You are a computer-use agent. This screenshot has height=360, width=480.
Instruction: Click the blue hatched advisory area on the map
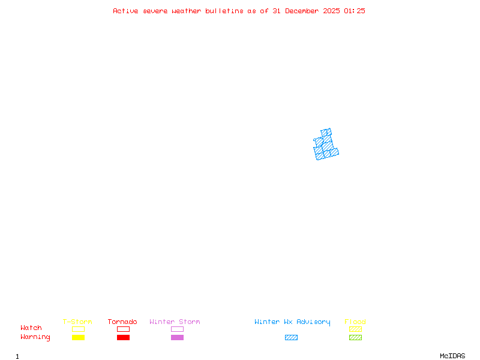pos(326,146)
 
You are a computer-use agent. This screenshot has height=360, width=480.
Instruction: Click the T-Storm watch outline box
pos(78,329)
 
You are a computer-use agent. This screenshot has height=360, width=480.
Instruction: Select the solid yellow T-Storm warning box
pos(78,337)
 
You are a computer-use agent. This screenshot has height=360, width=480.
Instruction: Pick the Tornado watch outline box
pos(123,329)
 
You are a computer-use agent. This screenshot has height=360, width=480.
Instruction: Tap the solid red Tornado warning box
pos(123,337)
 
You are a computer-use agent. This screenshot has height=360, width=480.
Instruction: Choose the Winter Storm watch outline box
pos(177,329)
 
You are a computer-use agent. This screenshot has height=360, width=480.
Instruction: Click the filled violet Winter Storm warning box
pos(177,337)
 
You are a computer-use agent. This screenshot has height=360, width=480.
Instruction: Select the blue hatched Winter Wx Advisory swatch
pos(291,337)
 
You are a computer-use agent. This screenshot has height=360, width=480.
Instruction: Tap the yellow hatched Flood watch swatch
pos(355,329)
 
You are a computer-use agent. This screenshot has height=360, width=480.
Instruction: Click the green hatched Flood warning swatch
pos(355,337)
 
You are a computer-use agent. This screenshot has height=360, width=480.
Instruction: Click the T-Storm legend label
pos(77,322)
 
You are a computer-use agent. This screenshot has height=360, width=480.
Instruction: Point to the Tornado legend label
pos(122,322)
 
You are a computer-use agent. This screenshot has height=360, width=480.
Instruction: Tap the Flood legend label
pos(355,322)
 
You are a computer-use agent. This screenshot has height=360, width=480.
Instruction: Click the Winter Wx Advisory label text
pos(292,322)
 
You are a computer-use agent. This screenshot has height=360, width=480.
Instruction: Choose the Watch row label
pos(31,328)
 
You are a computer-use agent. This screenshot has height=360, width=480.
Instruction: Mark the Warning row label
pos(35,337)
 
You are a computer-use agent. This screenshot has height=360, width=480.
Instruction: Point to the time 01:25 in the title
pos(354,11)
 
